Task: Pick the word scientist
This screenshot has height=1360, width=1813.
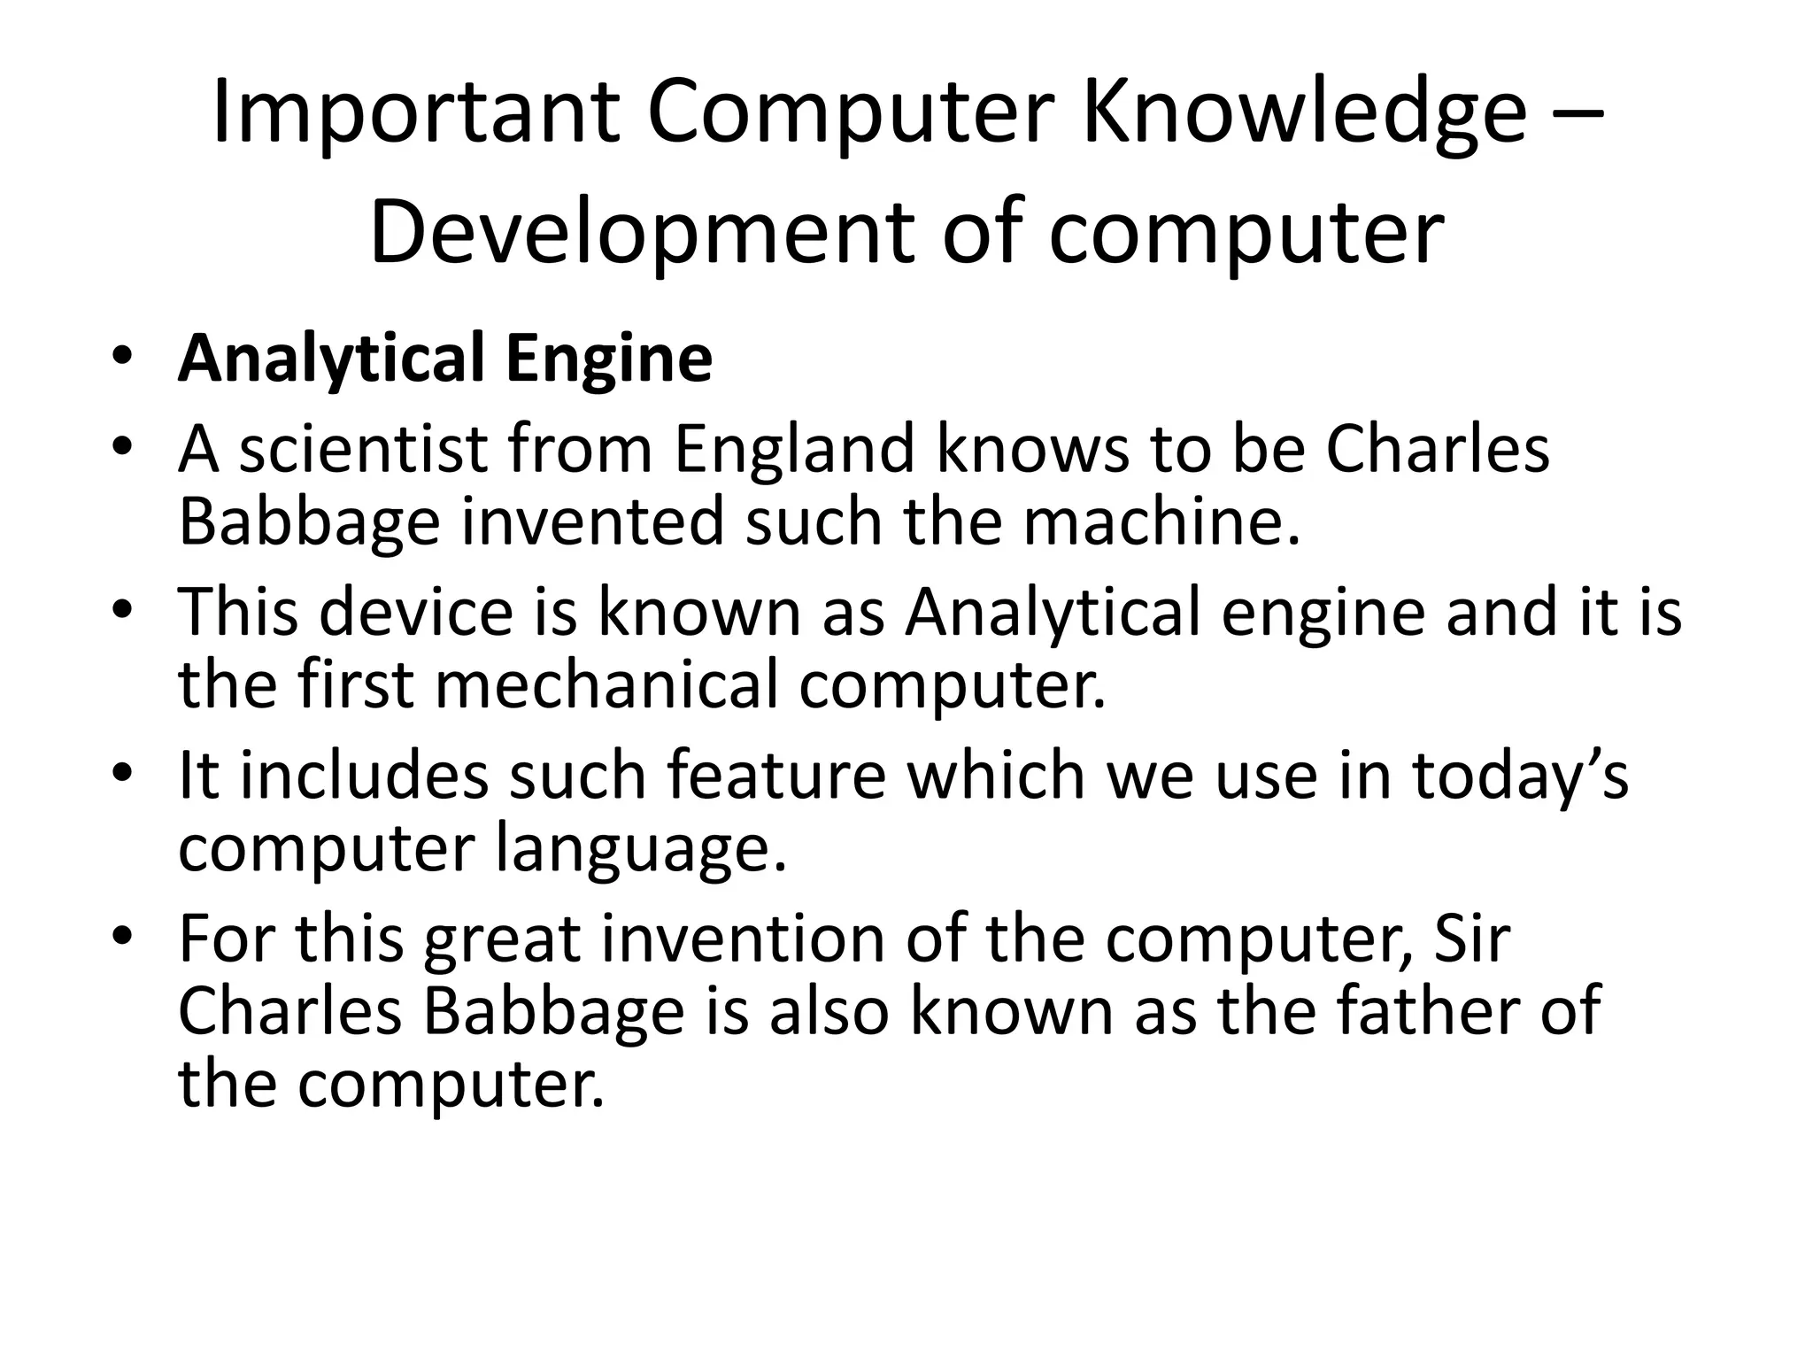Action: [x=363, y=449]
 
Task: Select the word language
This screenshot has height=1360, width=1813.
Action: [x=639, y=849]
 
